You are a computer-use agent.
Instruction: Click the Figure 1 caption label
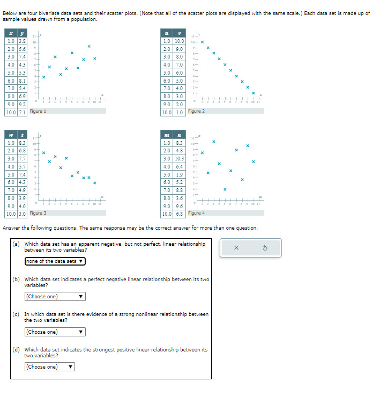38,111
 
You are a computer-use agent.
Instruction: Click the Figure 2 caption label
196,111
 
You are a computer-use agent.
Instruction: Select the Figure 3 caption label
38,213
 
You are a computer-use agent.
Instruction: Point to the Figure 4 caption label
196,213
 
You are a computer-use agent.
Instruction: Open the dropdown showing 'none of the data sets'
55,261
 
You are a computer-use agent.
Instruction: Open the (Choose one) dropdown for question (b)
55,296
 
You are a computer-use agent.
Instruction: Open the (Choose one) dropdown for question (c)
55,332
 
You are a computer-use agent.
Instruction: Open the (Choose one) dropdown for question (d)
49,367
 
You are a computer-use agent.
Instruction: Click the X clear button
236,248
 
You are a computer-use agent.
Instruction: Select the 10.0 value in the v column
180,41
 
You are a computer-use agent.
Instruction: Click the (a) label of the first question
16,244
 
